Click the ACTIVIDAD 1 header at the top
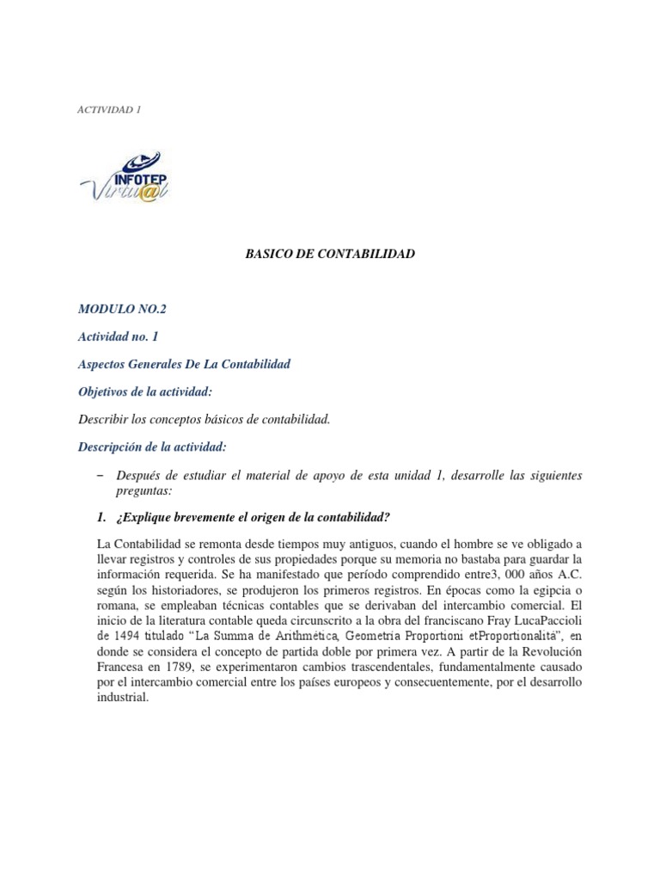coord(109,109)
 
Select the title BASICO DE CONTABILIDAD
coord(331,254)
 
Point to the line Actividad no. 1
coord(119,336)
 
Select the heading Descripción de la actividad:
coord(153,447)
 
